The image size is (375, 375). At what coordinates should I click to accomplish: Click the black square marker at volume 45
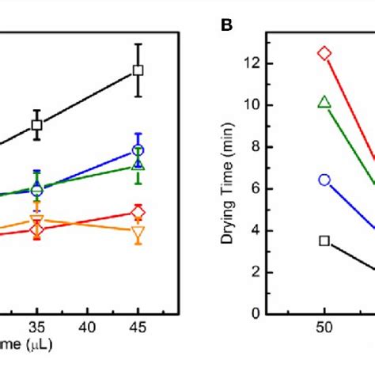point(138,70)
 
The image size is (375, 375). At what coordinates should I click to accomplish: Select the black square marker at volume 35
point(36,124)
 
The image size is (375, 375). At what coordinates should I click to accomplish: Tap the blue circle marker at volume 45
point(138,150)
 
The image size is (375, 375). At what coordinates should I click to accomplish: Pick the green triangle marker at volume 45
point(138,165)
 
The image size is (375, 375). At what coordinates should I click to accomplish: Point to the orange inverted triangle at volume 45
point(138,232)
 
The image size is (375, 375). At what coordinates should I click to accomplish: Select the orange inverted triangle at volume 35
point(36,220)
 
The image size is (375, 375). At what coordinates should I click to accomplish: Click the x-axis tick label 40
point(88,326)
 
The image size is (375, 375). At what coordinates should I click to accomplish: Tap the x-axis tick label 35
point(36,326)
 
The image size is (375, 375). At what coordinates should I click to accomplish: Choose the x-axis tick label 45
point(138,326)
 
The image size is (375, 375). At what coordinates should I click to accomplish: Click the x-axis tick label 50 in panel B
point(324,326)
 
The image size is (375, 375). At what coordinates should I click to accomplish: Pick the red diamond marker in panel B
point(324,54)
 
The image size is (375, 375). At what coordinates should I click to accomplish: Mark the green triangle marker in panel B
point(324,102)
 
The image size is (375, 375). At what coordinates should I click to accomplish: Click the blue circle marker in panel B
point(324,180)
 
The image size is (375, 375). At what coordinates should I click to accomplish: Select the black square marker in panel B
point(324,241)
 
